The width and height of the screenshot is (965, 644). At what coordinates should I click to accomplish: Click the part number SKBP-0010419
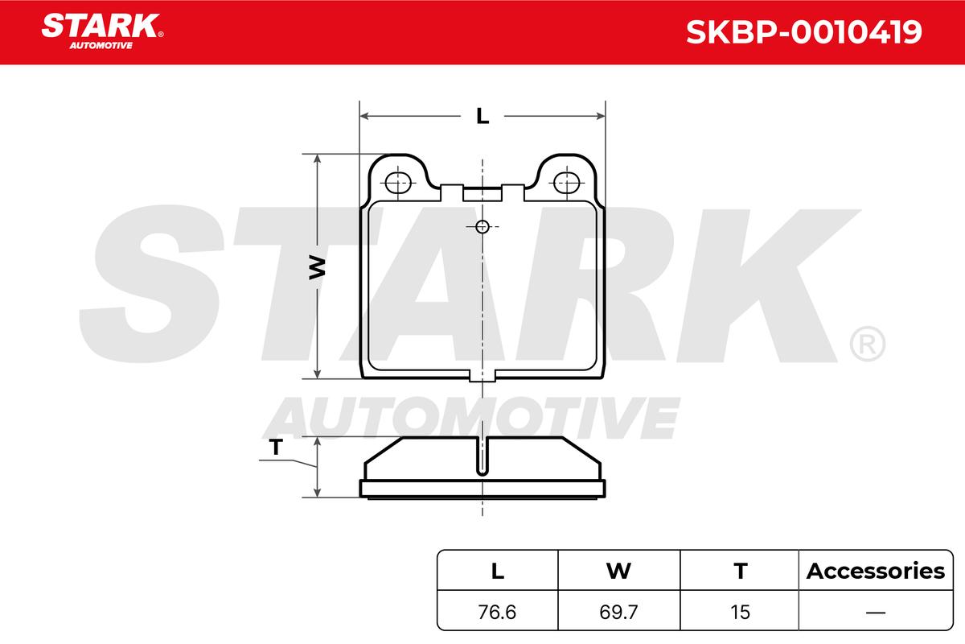(803, 32)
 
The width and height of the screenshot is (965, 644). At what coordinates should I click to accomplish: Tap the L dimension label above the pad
(482, 116)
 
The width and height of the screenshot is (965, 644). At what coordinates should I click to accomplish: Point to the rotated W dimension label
(317, 267)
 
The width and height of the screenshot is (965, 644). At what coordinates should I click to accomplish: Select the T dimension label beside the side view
(276, 447)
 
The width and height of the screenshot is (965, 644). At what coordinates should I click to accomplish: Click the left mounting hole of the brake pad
(398, 183)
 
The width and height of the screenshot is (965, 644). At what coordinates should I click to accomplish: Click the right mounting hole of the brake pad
(566, 183)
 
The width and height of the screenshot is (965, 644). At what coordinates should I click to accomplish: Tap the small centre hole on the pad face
(482, 226)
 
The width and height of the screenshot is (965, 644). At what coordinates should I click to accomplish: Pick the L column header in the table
(498, 571)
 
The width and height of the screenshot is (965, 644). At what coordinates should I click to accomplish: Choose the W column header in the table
(618, 571)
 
